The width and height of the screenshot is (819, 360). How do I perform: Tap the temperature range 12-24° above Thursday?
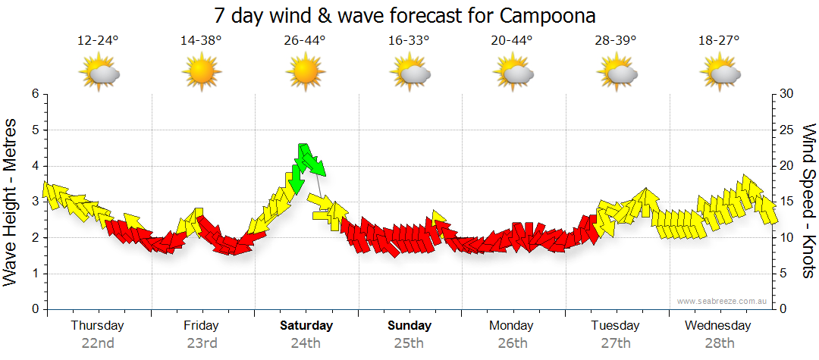98,41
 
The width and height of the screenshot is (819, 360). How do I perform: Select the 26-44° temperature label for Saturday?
305,41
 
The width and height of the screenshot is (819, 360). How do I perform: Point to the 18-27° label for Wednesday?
719,41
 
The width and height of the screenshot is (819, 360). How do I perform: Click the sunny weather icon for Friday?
202,73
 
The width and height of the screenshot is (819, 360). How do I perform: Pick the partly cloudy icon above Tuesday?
617,73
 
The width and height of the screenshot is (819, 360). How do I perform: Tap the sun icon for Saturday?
306,73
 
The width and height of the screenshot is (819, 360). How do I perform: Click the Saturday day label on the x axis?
306,326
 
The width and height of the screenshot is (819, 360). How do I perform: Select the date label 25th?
409,343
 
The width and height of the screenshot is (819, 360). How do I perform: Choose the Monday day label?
513,326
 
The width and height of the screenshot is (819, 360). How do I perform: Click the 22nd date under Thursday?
98,343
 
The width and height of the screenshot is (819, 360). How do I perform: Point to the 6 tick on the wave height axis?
35,94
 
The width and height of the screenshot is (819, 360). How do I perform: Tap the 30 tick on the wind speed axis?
789,94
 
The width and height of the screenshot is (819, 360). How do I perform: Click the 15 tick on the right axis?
789,202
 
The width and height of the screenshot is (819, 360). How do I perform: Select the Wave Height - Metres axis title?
11,201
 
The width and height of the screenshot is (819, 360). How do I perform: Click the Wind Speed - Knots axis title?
809,201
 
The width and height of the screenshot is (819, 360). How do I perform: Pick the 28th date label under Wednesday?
719,343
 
